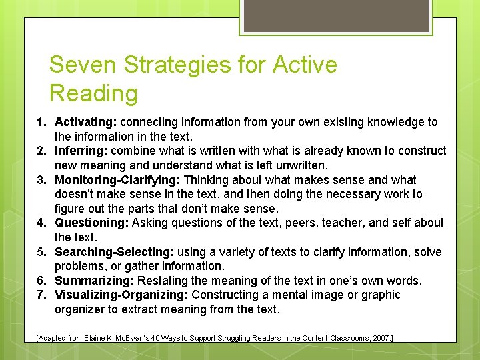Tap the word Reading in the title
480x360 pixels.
93,94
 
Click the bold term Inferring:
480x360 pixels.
79,151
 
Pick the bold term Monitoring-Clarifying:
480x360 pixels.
117,180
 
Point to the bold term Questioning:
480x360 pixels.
92,223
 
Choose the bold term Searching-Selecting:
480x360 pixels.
113,252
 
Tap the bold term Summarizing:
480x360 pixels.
93,281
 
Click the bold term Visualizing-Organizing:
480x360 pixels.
122,295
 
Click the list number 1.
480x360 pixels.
41,122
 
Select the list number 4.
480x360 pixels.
41,223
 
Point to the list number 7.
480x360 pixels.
41,295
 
